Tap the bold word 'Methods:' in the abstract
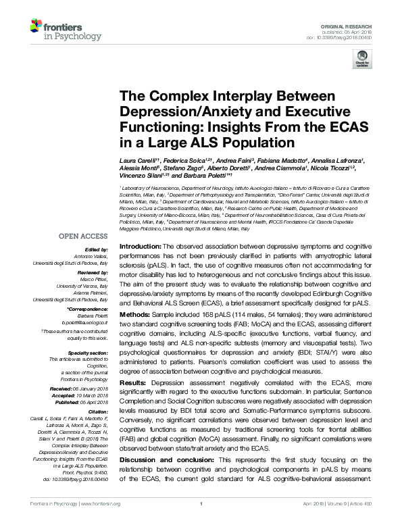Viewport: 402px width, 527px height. pyautogui.click(x=133, y=315)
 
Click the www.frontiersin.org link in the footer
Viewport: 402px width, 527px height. pyautogui.click(x=101, y=522)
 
